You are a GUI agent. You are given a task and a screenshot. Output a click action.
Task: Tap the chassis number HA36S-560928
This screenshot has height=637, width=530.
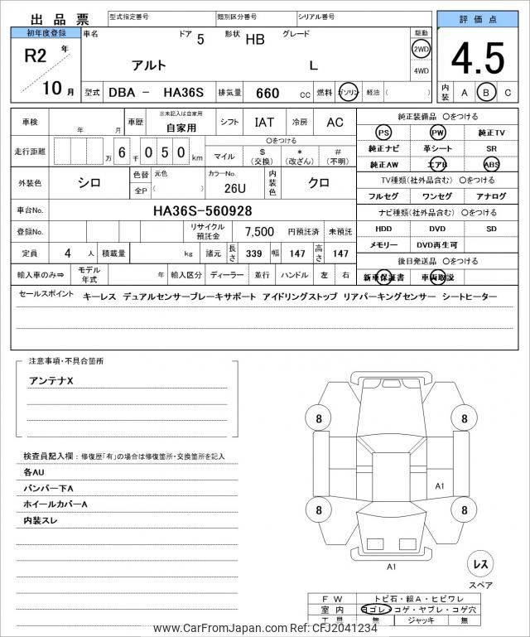click(x=202, y=210)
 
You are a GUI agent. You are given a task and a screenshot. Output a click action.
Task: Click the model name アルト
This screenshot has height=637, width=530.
click(x=148, y=65)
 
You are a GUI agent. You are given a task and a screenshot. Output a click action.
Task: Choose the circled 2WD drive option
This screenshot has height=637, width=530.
click(x=421, y=49)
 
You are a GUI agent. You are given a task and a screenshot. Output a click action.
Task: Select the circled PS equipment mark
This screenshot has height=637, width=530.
click(x=383, y=133)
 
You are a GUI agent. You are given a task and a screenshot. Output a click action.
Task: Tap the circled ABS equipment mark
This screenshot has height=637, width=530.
click(x=491, y=164)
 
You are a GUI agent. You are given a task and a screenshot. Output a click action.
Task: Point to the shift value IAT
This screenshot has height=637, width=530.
click(x=264, y=123)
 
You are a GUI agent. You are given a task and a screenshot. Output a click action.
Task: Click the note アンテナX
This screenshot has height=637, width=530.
click(x=51, y=380)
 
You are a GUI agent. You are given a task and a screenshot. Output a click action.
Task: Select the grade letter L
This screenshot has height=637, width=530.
click(x=312, y=65)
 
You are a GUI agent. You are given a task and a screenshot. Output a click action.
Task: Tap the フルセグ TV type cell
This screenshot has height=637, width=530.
click(x=383, y=195)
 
